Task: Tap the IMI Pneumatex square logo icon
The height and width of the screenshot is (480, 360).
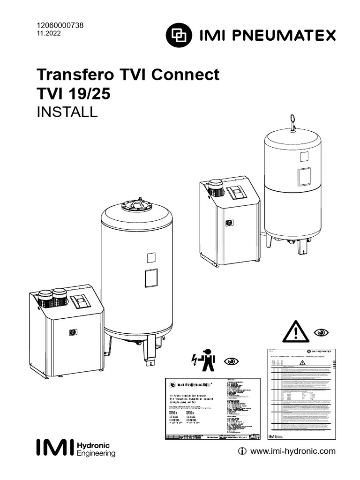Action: (180, 35)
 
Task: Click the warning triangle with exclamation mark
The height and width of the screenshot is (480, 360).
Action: (296, 332)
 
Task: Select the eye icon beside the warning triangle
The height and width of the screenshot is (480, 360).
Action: (322, 332)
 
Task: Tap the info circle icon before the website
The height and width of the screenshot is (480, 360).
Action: (242, 451)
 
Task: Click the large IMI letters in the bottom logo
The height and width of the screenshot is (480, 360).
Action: (54, 447)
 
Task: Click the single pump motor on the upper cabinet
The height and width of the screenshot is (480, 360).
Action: (215, 187)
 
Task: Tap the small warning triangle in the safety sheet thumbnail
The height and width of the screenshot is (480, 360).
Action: (295, 363)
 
